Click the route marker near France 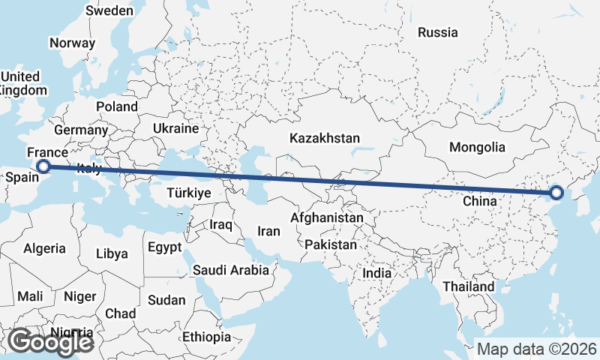(x=43, y=166)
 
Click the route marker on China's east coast (x=556, y=193)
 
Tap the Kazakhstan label (x=325, y=139)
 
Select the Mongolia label (x=477, y=147)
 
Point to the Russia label (x=437, y=32)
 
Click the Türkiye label (x=178, y=193)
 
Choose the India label (x=377, y=274)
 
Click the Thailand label (x=468, y=286)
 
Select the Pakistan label (x=331, y=244)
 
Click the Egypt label (x=164, y=247)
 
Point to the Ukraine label (x=175, y=128)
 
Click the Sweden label (x=109, y=10)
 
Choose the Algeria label (x=44, y=248)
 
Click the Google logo (x=50, y=342)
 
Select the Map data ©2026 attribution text (x=537, y=349)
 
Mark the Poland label (x=116, y=106)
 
